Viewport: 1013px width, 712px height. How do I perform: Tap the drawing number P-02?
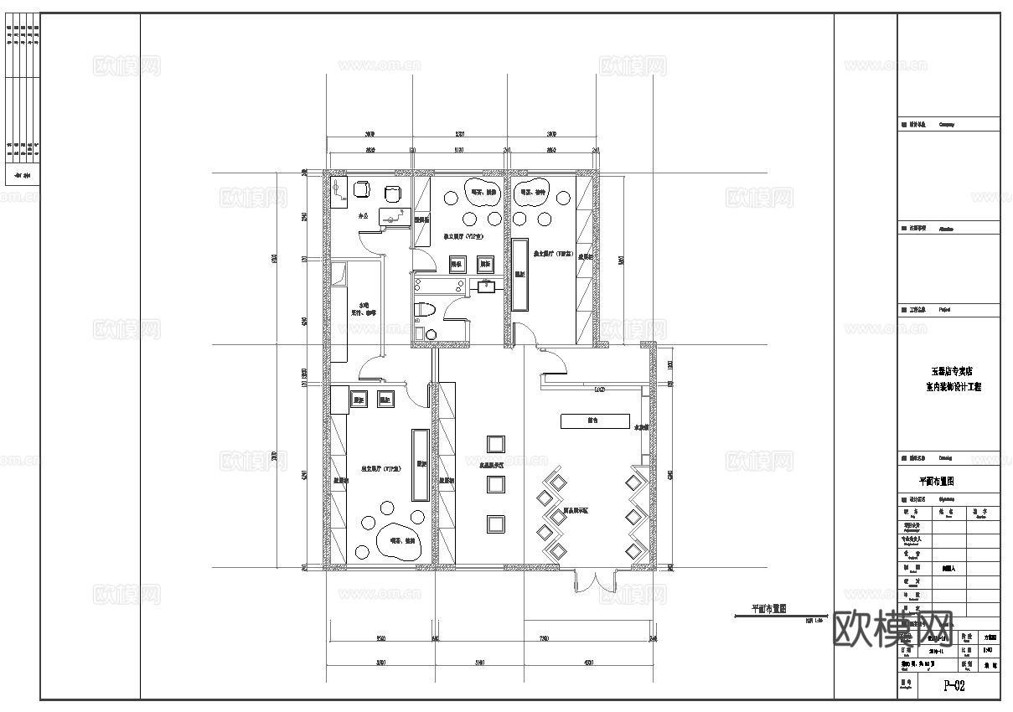(954, 687)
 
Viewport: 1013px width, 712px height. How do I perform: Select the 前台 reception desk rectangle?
(594, 420)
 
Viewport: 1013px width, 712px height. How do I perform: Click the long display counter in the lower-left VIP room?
(419, 464)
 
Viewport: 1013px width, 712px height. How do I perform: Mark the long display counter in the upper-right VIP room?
(519, 274)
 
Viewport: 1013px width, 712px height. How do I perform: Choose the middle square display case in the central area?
(495, 484)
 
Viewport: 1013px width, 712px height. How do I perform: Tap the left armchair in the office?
(362, 189)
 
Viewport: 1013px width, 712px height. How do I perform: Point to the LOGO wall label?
(599, 390)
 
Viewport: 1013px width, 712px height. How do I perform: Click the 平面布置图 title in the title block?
(937, 482)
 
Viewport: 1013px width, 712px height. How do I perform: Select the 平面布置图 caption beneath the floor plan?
(768, 609)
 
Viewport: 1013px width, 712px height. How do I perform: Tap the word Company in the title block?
(946, 124)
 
